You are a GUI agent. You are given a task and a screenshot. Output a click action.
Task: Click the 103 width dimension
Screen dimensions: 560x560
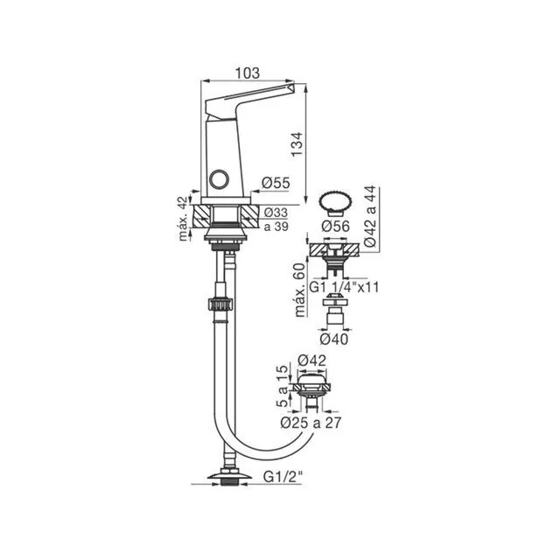pyautogui.click(x=247, y=73)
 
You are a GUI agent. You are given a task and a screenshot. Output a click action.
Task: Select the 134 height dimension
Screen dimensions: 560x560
pyautogui.click(x=297, y=144)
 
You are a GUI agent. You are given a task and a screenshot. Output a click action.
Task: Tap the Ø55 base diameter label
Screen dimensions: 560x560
pyautogui.click(x=276, y=183)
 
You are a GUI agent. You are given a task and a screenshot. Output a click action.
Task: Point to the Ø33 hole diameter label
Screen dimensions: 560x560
pyautogui.click(x=276, y=213)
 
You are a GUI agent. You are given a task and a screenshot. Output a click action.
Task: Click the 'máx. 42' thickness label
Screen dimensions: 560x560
pyautogui.click(x=183, y=219)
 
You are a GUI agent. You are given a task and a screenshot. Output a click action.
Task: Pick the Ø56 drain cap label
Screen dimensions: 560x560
pyautogui.click(x=335, y=226)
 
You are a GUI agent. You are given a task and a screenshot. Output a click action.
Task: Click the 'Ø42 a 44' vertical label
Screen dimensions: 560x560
pyautogui.click(x=370, y=216)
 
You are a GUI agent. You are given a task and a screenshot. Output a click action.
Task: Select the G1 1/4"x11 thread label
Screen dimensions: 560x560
pyautogui.click(x=344, y=287)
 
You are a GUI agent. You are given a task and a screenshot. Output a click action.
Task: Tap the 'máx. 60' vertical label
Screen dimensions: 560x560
pyautogui.click(x=300, y=290)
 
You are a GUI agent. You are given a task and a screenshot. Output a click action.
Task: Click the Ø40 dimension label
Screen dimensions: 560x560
pyautogui.click(x=334, y=339)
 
